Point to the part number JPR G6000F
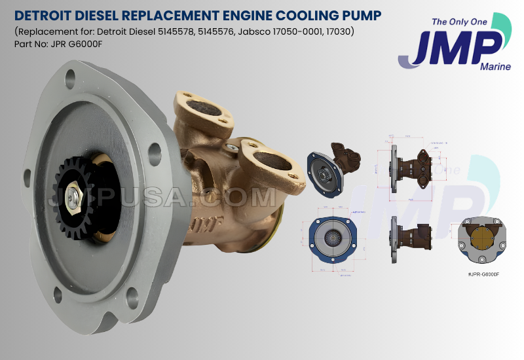[x=78, y=45]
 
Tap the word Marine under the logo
[x=494, y=66]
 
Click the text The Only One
[x=459, y=22]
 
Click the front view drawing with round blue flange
[x=335, y=238]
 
